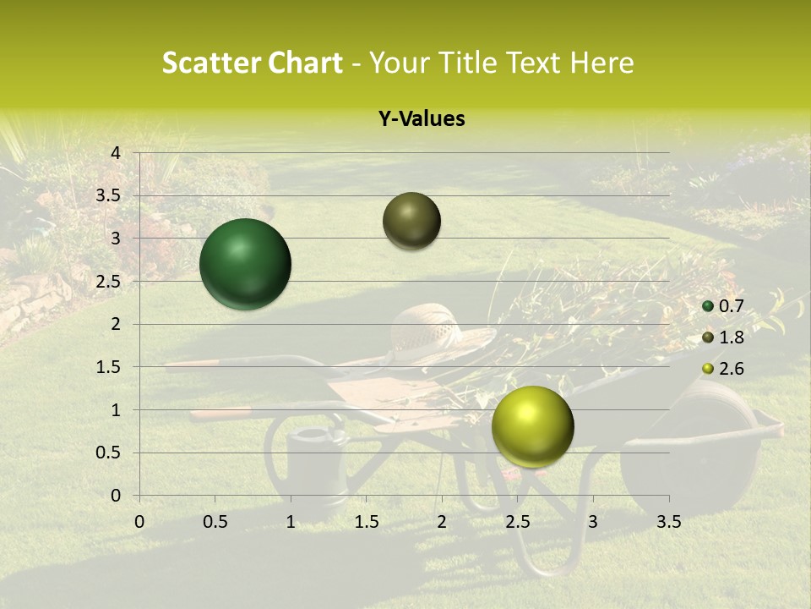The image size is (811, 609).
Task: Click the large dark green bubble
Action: click(x=246, y=264)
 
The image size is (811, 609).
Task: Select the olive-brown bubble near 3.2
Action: click(x=412, y=221)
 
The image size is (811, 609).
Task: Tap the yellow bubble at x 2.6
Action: click(x=533, y=426)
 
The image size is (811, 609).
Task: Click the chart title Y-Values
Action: click(x=421, y=119)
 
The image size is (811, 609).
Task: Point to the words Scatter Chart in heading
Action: click(x=252, y=63)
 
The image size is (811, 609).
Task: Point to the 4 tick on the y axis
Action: click(x=116, y=152)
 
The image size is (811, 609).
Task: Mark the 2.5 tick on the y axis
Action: click(x=108, y=281)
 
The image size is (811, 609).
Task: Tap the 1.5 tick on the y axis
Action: click(x=108, y=367)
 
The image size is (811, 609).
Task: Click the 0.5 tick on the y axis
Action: click(x=108, y=453)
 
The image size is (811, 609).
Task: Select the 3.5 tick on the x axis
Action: click(x=668, y=522)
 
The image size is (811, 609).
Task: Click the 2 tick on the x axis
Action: click(x=442, y=522)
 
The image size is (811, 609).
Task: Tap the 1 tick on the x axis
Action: click(x=291, y=522)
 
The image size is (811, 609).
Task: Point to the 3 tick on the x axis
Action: click(x=593, y=522)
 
